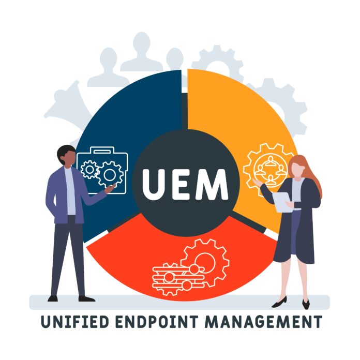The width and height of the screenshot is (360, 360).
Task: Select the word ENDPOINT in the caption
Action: pos(161,322)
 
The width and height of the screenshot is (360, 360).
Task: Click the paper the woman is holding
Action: pos(282,202)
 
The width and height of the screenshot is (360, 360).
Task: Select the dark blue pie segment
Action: pos(129,114)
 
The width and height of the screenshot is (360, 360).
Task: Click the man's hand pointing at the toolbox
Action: pos(110,189)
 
